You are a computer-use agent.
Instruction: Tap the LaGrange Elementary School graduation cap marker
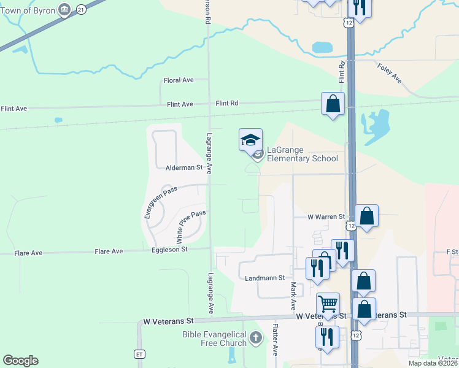[250, 140]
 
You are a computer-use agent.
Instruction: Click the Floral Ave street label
[179, 80]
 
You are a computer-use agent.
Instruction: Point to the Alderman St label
[184, 167]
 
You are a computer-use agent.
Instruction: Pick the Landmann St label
[265, 278]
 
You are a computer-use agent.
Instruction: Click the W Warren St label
[326, 217]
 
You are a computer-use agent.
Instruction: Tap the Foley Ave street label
[390, 74]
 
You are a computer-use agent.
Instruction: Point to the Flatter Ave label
[276, 340]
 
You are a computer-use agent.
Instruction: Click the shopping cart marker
[328, 303]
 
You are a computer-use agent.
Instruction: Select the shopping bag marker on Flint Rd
[333, 103]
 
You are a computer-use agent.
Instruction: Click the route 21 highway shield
[82, 9]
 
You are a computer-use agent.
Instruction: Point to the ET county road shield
[139, 354]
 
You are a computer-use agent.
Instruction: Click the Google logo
[20, 361]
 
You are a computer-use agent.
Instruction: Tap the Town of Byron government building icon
[64, 9]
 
